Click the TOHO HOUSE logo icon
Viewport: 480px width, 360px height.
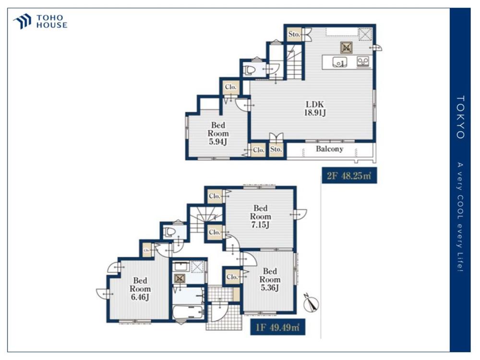(x=23, y=21)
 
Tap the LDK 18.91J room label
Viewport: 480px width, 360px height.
(x=315, y=108)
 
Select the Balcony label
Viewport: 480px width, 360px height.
(x=329, y=149)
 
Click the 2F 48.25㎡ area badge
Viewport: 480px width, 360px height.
(x=349, y=176)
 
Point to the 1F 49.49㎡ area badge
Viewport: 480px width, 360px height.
(x=277, y=327)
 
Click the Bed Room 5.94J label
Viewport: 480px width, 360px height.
(x=218, y=133)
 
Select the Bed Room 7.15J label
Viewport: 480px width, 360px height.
(x=261, y=217)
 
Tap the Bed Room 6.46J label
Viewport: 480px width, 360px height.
(x=140, y=289)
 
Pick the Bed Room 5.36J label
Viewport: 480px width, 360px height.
(x=270, y=279)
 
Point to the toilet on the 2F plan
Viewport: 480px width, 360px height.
(x=250, y=70)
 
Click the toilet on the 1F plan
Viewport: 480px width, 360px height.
(x=169, y=232)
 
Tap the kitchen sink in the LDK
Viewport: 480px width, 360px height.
(x=339, y=62)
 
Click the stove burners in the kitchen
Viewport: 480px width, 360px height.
(x=363, y=61)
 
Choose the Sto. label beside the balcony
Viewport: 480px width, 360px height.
(x=276, y=149)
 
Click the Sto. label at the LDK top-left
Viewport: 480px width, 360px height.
(x=294, y=34)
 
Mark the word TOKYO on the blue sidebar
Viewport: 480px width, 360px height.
(x=460, y=117)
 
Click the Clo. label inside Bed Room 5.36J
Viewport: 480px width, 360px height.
(x=232, y=277)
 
